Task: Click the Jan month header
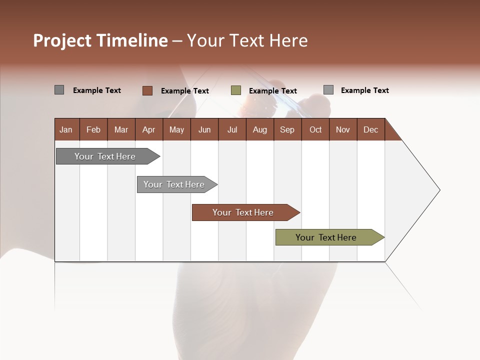click(x=66, y=129)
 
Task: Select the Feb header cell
click(x=93, y=129)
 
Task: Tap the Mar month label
click(x=121, y=129)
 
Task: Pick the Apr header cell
click(x=148, y=129)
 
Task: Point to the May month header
click(x=176, y=129)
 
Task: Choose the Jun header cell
click(x=204, y=129)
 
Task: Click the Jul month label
click(x=232, y=129)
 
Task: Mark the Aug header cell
click(x=259, y=129)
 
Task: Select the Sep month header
click(x=287, y=129)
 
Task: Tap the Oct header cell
click(x=315, y=129)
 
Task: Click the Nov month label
click(x=343, y=129)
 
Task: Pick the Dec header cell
click(x=370, y=129)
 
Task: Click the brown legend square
click(x=147, y=90)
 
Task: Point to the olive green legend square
click(x=236, y=90)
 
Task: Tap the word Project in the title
click(x=62, y=40)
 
